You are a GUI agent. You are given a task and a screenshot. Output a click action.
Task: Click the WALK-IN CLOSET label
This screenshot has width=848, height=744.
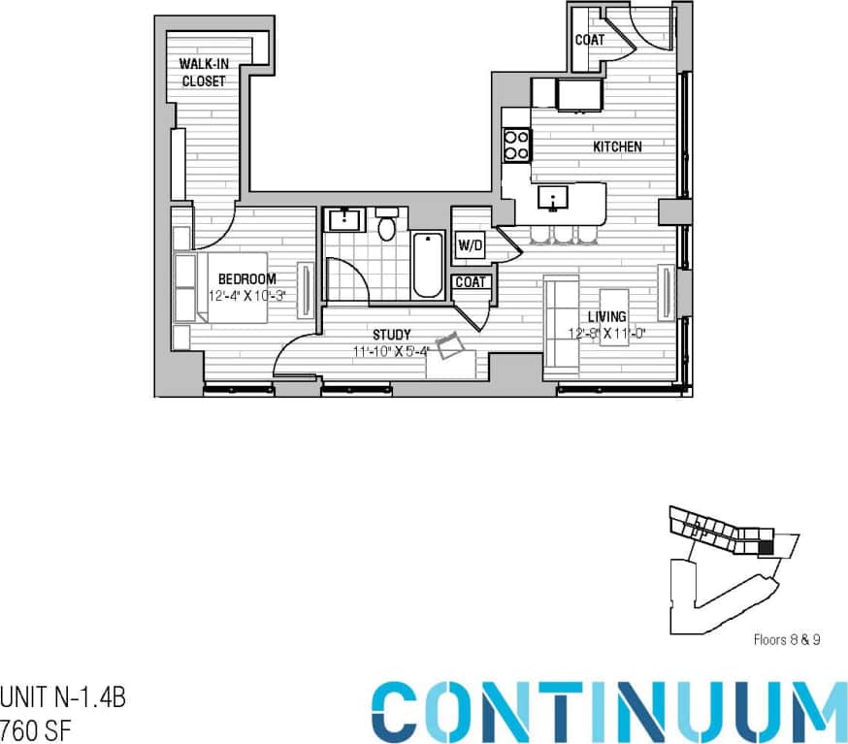[204, 73]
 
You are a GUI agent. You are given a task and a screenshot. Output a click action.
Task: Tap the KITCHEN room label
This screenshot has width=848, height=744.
[618, 147]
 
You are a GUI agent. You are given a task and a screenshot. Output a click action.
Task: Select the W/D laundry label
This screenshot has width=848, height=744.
[470, 245]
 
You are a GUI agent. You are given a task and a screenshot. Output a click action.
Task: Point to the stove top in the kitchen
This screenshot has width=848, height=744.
[516, 146]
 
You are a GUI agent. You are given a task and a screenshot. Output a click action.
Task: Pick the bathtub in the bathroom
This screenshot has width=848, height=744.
[427, 265]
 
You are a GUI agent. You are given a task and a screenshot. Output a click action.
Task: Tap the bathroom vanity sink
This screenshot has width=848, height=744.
[344, 219]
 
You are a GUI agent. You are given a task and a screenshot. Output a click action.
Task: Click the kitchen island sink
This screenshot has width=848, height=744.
[553, 199]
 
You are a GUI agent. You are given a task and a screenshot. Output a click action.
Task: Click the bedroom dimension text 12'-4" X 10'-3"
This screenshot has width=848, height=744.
[246, 296]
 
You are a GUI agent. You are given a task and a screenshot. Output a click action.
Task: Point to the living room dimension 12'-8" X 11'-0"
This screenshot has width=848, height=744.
[606, 335]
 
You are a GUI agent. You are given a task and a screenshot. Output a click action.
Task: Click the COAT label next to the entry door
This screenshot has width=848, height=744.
[589, 40]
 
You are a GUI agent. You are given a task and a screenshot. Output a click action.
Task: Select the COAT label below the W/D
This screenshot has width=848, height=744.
[472, 283]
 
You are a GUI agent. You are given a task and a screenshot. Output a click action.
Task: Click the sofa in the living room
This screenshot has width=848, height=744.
[560, 325]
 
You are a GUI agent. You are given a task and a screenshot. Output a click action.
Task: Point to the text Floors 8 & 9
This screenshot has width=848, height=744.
[787, 640]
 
